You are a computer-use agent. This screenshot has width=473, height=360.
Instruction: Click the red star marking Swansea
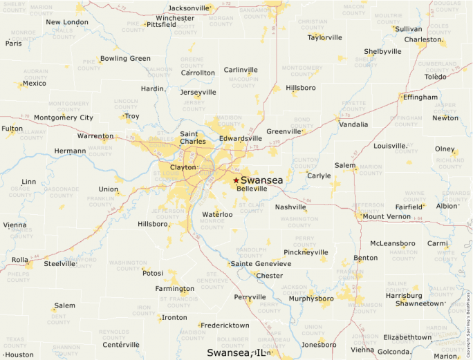pos(236,180)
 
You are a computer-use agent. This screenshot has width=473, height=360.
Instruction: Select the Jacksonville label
pos(189,8)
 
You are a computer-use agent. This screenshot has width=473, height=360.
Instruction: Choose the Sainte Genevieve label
pos(261,264)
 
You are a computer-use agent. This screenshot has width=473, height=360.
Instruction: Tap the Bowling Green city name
pos(125,59)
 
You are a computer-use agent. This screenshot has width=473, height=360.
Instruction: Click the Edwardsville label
pos(241,138)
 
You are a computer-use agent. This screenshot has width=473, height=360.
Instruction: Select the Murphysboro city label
pos(310,299)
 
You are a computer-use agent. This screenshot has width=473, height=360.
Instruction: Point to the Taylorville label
pos(325,37)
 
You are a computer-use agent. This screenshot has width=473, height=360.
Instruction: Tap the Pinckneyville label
pos(306,252)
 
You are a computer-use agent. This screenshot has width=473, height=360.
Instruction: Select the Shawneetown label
pos(419,303)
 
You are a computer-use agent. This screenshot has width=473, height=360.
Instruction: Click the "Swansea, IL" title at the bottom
pos(236,352)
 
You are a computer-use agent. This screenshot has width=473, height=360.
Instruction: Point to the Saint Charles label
pos(192,138)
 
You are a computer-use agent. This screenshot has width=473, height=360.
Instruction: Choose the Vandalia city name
pos(353,124)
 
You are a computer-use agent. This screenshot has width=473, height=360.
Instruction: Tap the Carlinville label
pos(241,70)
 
